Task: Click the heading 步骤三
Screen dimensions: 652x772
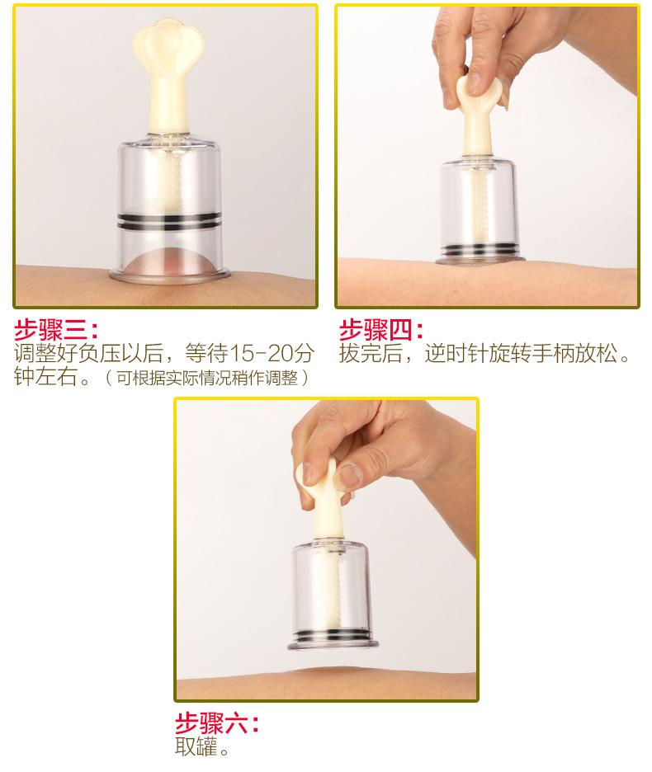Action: tap(55, 330)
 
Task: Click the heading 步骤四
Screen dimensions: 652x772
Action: tap(380, 330)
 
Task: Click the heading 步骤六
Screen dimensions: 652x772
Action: tap(217, 723)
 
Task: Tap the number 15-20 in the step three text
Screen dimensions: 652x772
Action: tap(257, 352)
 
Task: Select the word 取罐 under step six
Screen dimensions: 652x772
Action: tap(196, 747)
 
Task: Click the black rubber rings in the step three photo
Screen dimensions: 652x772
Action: tap(168, 221)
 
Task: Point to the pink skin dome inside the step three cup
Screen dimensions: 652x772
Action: tap(168, 263)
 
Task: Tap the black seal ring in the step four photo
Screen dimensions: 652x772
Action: tap(479, 249)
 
